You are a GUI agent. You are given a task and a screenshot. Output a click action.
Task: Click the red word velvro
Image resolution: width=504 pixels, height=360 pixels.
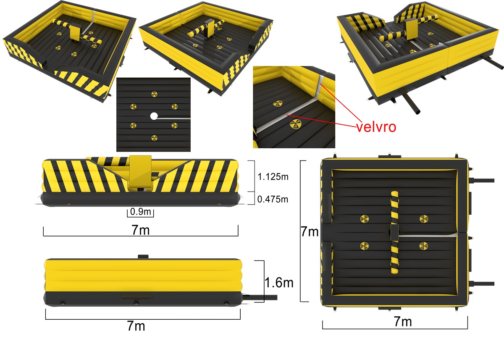tap(376, 127)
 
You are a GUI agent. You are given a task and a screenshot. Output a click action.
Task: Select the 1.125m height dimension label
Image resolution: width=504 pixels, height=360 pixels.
tap(273, 177)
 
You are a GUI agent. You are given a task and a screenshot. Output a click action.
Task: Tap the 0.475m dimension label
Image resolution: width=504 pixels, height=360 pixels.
tap(273, 199)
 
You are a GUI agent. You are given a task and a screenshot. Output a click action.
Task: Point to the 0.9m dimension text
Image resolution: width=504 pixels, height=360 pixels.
tap(141, 212)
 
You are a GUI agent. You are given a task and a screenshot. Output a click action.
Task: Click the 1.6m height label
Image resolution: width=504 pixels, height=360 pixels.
tap(279, 283)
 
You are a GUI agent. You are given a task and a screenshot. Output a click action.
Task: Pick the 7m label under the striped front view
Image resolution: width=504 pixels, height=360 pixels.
tap(141, 231)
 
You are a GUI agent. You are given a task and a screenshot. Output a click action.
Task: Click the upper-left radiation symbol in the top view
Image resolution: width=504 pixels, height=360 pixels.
tap(364, 218)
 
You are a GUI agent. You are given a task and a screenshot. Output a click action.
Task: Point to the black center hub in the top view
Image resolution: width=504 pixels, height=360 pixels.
tap(394, 232)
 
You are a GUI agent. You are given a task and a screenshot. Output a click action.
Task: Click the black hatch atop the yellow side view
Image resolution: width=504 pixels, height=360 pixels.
tap(144, 256)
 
